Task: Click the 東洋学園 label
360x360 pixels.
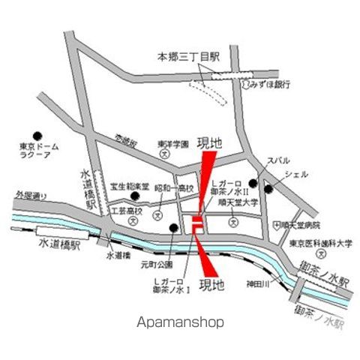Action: [166, 145]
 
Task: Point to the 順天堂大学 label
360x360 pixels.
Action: [238, 202]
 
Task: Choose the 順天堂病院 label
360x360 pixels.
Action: [298, 224]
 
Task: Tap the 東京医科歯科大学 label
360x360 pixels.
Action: [322, 243]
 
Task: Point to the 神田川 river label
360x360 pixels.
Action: [253, 283]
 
